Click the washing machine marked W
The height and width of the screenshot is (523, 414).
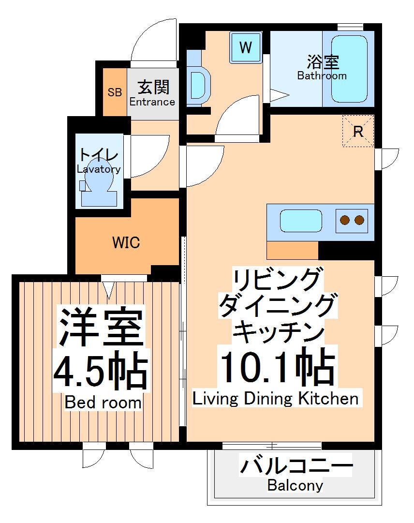(246, 47)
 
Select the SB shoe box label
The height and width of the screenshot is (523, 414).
(115, 92)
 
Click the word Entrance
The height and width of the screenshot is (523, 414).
(152, 102)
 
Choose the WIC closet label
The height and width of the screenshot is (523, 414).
(126, 242)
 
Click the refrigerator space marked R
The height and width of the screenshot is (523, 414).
(358, 131)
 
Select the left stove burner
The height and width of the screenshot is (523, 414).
(345, 221)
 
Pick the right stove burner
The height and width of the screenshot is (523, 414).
(359, 221)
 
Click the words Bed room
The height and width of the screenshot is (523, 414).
(103, 403)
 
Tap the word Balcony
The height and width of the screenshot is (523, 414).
(295, 485)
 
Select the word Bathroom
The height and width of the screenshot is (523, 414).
(322, 76)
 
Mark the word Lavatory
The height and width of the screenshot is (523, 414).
(99, 169)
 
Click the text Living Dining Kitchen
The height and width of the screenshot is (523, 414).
(276, 399)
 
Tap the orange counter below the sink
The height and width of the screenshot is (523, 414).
(292, 250)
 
